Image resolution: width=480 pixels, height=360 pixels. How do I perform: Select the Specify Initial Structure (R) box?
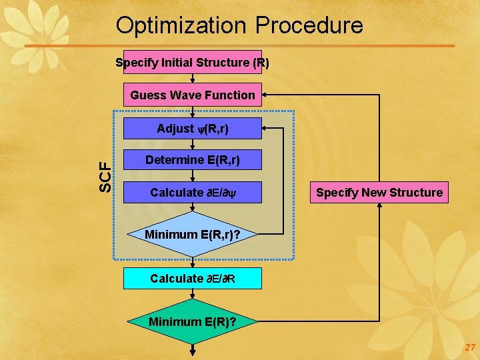coord(192,62)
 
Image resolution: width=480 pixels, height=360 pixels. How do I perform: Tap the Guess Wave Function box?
coord(192,95)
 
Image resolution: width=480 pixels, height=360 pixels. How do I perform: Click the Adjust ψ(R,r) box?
coord(192,129)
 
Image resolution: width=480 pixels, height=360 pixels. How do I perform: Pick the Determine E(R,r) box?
coord(192,160)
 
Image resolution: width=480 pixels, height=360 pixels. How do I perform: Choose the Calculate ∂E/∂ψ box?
coord(192,193)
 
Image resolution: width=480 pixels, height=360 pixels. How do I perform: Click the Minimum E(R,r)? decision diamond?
coord(192,234)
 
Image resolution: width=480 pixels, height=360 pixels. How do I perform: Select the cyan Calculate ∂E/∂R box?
coord(192,279)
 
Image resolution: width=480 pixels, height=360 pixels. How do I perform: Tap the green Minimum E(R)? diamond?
coord(192,322)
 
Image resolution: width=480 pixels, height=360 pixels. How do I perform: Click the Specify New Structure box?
coord(379,193)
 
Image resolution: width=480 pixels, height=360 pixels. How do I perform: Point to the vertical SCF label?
coord(105,177)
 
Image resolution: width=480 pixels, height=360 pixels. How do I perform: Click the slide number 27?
coord(470,348)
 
